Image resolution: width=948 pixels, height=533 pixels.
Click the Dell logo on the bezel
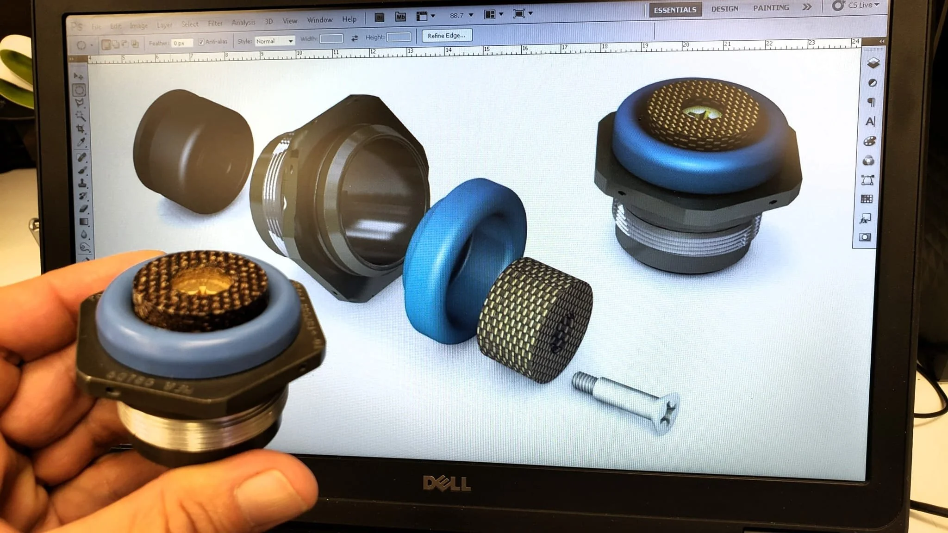(447, 484)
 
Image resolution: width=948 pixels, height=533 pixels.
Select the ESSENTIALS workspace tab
(675, 10)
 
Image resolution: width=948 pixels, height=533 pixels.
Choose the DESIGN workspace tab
(724, 9)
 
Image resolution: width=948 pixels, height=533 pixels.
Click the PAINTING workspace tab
(771, 8)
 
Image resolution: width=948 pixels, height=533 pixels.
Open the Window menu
(320, 20)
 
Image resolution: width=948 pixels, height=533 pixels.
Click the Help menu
(349, 19)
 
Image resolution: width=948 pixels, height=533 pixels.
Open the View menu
(290, 21)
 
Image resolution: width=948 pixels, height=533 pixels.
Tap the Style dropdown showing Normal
(274, 41)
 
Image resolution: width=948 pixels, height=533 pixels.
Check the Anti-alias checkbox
(201, 42)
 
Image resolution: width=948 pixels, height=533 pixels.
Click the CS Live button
(856, 6)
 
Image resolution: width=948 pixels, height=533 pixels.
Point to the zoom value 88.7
(456, 16)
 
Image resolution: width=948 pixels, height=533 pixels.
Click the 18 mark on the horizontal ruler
(605, 47)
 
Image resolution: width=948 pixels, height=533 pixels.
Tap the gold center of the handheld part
(202, 283)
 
